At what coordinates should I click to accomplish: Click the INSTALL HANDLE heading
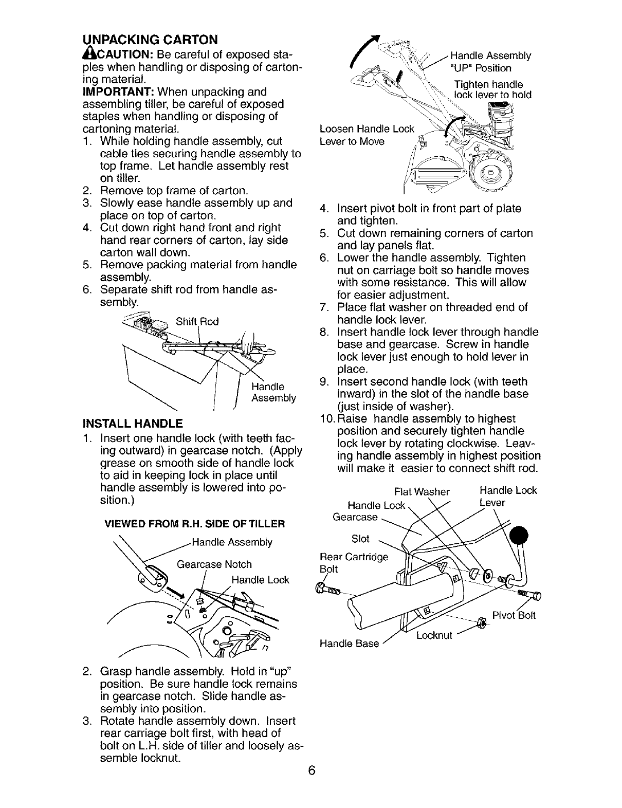click(132, 424)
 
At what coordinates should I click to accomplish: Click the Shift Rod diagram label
click(197, 322)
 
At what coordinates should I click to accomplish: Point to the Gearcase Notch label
click(214, 564)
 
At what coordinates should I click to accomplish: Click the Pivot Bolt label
click(514, 615)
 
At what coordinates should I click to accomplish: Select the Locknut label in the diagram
click(434, 635)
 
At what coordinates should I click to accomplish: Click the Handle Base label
click(349, 643)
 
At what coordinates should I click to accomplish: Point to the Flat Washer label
click(422, 491)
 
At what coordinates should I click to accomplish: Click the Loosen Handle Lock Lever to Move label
click(366, 135)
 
